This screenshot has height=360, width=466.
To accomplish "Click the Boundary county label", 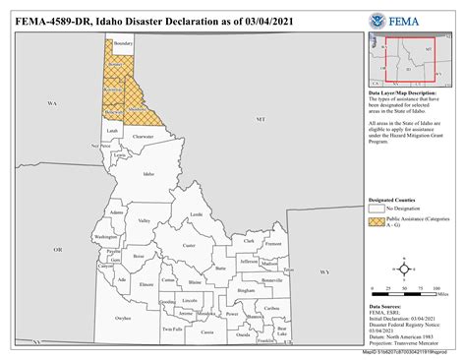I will pyautogui.click(x=122, y=44).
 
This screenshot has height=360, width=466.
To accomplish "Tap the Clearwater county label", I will pyautogui.click(x=143, y=137).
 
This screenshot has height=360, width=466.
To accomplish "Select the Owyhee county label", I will pyautogui.click(x=123, y=318).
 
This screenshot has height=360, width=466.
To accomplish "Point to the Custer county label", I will pyautogui.click(x=190, y=245).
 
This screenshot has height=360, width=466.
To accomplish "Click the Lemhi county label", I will pyautogui.click(x=197, y=213).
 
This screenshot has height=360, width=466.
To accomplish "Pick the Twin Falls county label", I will pyautogui.click(x=172, y=328).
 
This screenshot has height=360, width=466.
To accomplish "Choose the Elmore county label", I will pyautogui.click(x=147, y=283).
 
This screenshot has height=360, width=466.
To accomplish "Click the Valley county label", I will pyautogui.click(x=145, y=221).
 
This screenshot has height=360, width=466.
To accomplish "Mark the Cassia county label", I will pyautogui.click(x=207, y=331).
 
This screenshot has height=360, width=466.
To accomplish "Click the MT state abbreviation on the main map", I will pyautogui.click(x=261, y=119).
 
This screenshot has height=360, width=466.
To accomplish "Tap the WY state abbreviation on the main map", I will pyautogui.click(x=323, y=270).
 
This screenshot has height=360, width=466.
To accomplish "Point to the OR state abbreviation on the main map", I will pyautogui.click(x=57, y=250).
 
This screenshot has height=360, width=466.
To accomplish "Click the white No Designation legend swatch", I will pyautogui.click(x=377, y=209).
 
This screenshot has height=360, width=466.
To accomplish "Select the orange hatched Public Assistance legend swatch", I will pyautogui.click(x=377, y=222).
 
